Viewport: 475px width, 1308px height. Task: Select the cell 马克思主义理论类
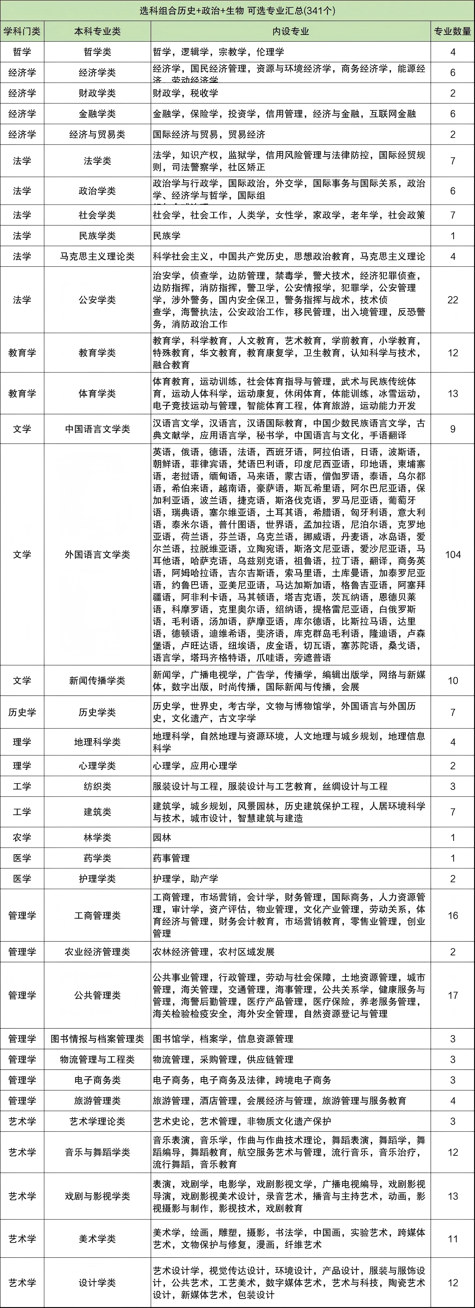coord(97,256)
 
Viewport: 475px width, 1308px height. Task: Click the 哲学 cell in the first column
coord(22,52)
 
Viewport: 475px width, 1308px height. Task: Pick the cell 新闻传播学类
coord(97,680)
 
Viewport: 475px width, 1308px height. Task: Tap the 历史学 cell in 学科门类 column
coord(22,712)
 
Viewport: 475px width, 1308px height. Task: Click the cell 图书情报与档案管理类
coord(97,1039)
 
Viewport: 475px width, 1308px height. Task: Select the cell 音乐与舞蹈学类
coord(97,1153)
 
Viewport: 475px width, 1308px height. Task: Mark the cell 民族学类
coord(97,236)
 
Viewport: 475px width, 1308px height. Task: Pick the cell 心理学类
coord(97,766)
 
